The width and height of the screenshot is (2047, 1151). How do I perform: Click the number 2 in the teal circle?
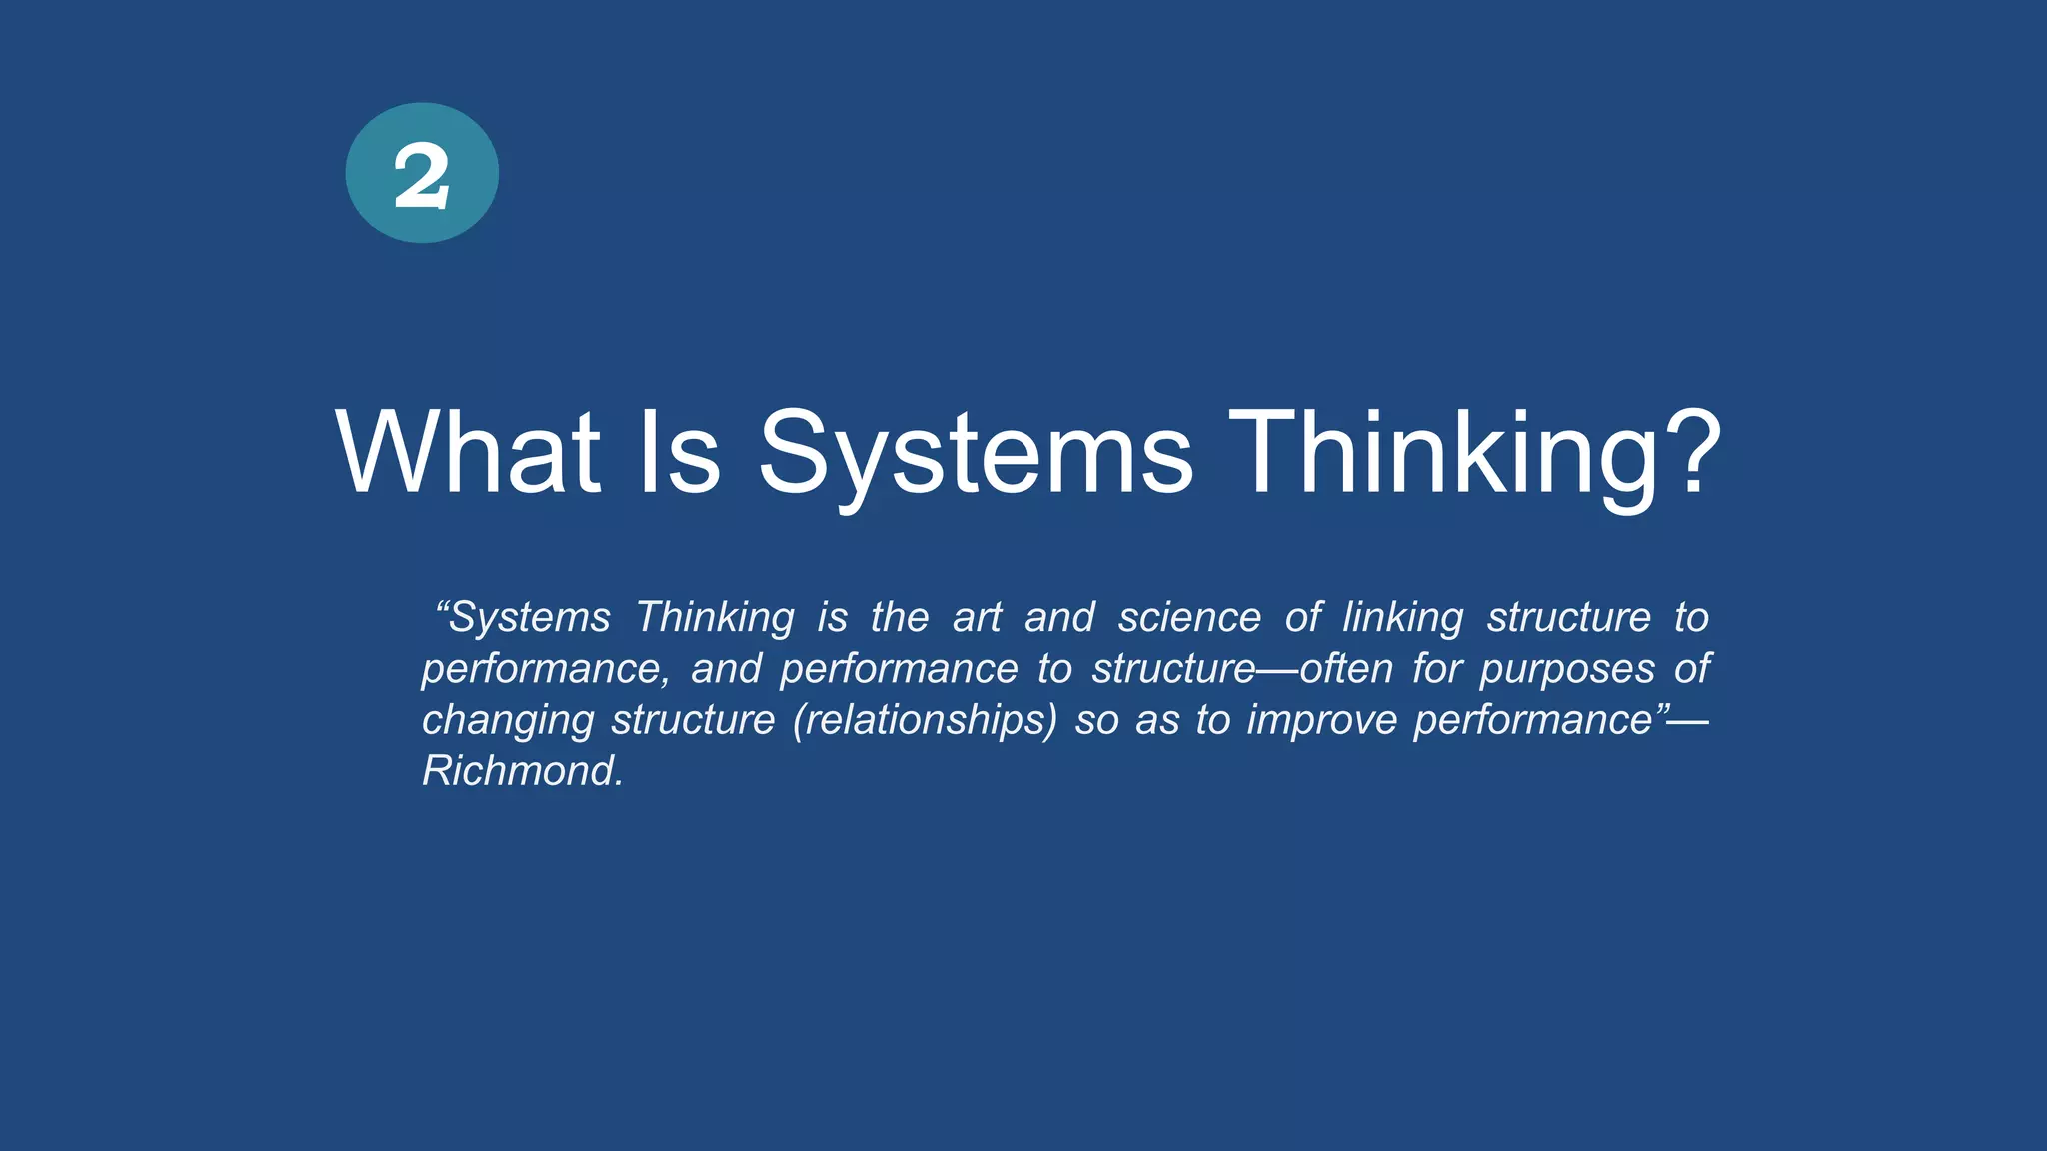pyautogui.click(x=421, y=176)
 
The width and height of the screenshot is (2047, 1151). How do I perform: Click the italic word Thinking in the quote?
pyautogui.click(x=715, y=618)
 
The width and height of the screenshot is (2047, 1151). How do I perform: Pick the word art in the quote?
pyautogui.click(x=977, y=618)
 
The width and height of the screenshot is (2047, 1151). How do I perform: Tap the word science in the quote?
pyautogui.click(x=1189, y=618)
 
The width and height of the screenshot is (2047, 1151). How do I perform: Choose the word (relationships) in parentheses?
pyautogui.click(x=925, y=720)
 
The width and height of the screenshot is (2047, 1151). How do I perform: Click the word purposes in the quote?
pyautogui.click(x=1567, y=669)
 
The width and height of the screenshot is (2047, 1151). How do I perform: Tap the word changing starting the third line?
pyautogui.click(x=508, y=720)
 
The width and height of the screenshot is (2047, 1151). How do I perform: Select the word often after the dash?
pyautogui.click(x=1346, y=669)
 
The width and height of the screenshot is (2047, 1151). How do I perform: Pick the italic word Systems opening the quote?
pyautogui.click(x=529, y=618)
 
